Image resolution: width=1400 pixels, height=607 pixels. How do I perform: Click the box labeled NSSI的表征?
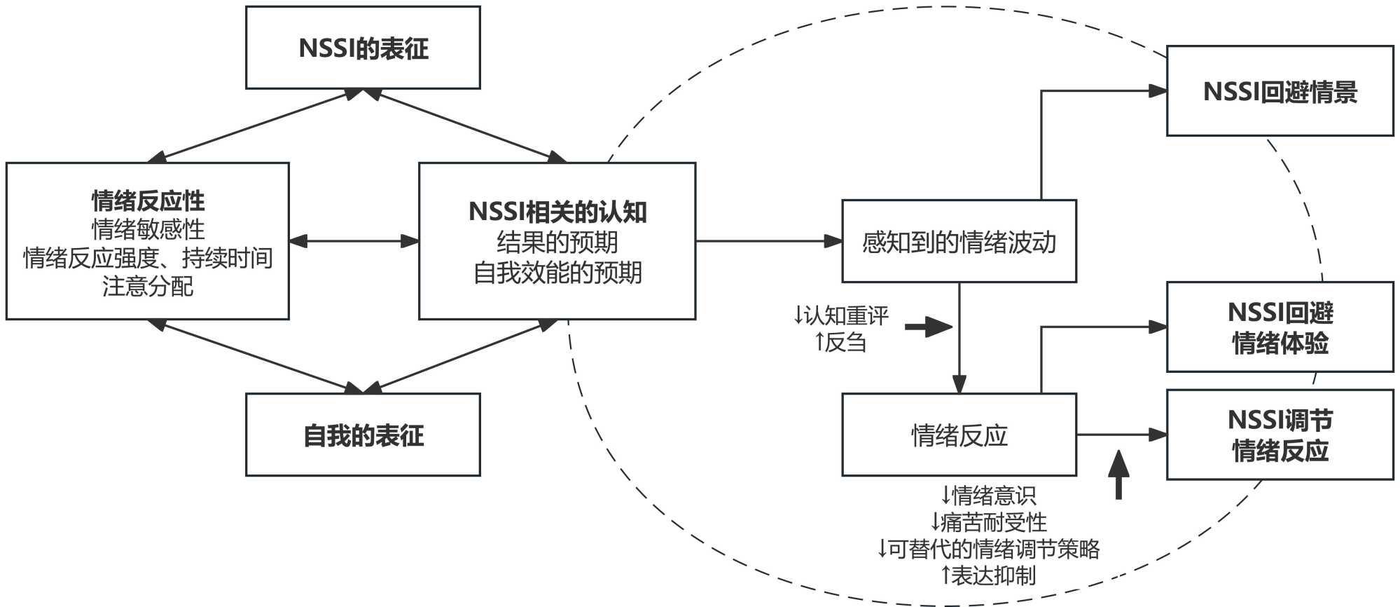[x=363, y=48]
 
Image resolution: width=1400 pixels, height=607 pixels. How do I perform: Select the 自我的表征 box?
[x=363, y=435]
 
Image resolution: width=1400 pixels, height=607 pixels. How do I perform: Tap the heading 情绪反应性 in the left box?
[x=148, y=201]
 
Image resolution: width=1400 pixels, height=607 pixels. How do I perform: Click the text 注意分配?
[x=148, y=287]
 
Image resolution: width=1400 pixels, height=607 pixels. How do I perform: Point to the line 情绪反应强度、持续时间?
[x=148, y=258]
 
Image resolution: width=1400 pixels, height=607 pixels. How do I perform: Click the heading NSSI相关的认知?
[x=557, y=212]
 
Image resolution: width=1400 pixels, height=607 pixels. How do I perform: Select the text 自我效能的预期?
[x=557, y=273]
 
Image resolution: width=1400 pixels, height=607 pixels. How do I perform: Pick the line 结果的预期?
[x=557, y=243]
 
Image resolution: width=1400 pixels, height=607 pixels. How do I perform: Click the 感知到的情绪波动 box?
[x=959, y=242]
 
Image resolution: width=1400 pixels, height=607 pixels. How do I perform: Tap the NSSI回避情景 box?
[x=1280, y=92]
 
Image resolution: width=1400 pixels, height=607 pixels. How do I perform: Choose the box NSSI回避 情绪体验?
[x=1280, y=327]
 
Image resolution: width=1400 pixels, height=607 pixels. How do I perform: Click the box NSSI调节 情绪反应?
[x=1280, y=435]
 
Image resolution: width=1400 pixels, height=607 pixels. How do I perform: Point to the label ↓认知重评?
[x=840, y=315]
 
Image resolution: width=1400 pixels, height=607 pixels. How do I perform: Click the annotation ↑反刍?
[x=840, y=343]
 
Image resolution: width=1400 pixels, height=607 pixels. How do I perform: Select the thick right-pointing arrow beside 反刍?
[x=929, y=327]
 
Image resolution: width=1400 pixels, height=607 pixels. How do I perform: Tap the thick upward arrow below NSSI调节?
[x=1118, y=474]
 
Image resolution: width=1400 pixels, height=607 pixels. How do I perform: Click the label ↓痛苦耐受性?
[x=987, y=522]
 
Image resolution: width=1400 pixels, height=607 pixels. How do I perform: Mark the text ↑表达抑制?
[x=987, y=575]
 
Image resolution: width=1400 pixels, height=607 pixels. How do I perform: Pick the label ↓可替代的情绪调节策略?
[x=987, y=549]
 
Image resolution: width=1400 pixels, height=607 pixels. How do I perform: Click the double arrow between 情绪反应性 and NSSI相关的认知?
[x=354, y=241]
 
